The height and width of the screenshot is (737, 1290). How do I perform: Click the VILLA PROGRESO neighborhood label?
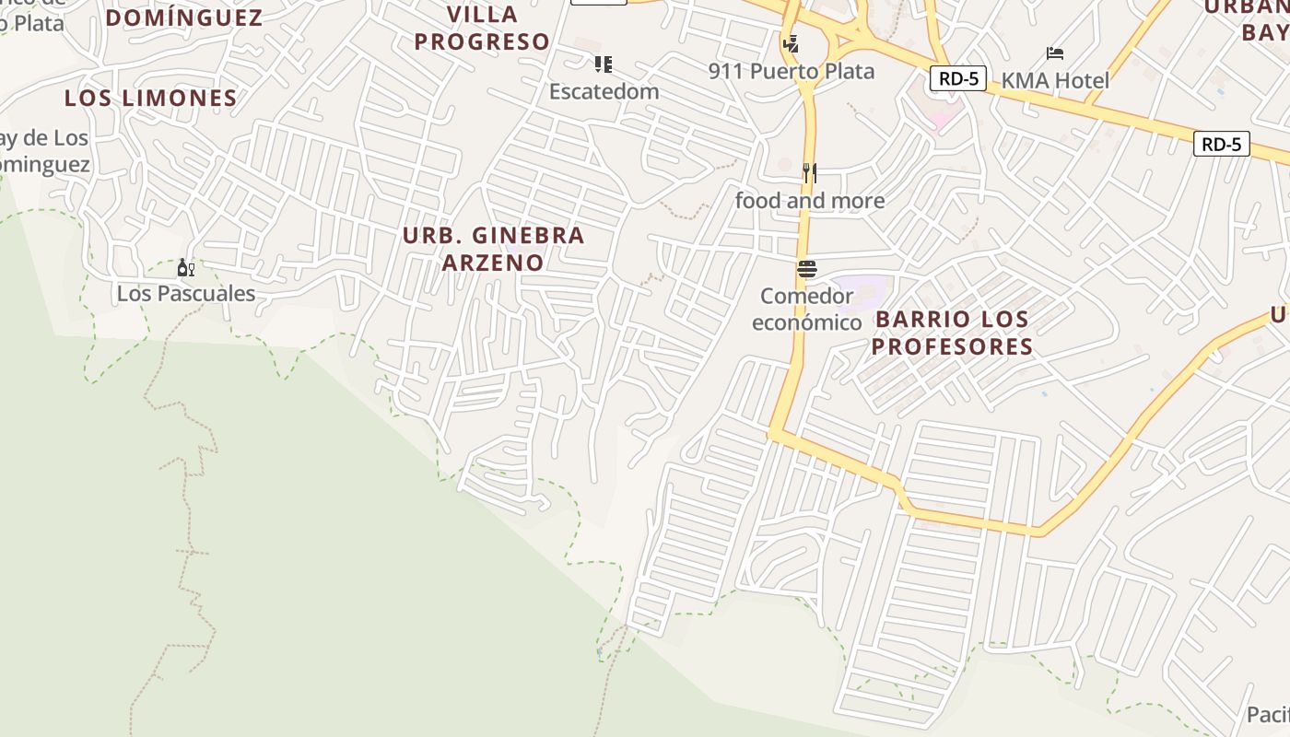482,29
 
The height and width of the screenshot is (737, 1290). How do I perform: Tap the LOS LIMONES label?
151,98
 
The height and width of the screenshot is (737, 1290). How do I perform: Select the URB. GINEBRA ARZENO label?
493,249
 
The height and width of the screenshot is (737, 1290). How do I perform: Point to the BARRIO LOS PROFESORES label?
952,333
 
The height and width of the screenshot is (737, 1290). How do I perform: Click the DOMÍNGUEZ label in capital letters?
184,18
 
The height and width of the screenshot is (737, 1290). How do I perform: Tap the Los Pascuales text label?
185,294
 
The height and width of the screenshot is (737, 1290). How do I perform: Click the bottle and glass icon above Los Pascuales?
185,268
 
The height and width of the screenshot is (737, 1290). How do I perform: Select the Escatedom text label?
604,91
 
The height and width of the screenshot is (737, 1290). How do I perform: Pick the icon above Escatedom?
604,64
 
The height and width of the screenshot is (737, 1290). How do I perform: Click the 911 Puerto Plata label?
792,71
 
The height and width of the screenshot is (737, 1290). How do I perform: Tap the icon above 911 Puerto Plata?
790,43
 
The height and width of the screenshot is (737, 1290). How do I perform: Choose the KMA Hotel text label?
1055,80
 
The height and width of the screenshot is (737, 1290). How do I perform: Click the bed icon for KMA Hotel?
1055,53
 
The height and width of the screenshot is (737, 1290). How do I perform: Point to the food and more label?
810,200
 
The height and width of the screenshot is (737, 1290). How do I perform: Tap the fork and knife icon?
810,172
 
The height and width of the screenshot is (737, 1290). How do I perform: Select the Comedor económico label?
807,309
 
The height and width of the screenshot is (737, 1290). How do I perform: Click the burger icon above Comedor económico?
807,269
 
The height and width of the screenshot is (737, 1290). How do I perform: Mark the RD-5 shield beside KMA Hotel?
958,78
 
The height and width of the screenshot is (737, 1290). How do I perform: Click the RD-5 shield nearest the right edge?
1222,144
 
